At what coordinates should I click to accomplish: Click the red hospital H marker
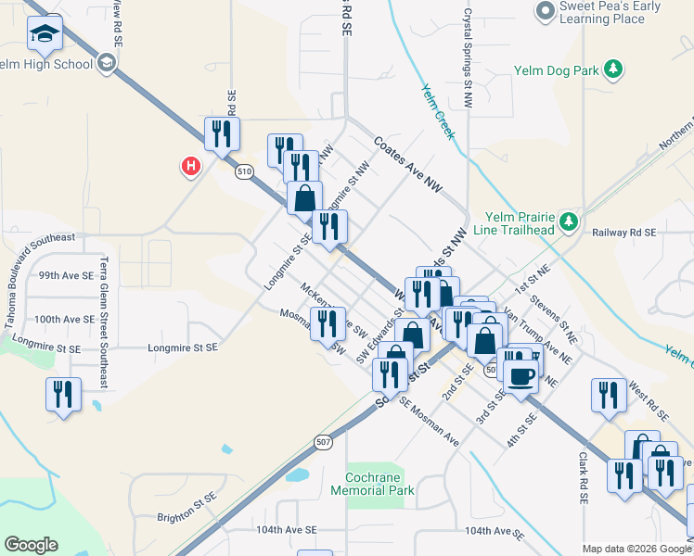pyautogui.click(x=190, y=166)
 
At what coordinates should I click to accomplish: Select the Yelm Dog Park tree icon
pyautogui.click(x=612, y=69)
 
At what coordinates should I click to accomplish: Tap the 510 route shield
pyautogui.click(x=244, y=171)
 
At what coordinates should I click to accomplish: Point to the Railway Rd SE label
pyautogui.click(x=623, y=233)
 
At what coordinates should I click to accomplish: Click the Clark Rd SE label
pyautogui.click(x=584, y=478)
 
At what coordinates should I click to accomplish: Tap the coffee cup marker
pyautogui.click(x=521, y=374)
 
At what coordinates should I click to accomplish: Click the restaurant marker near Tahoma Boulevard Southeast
pyautogui.click(x=63, y=394)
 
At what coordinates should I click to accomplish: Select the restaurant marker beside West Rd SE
pyautogui.click(x=609, y=394)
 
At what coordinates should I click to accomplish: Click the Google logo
pyautogui.click(x=31, y=545)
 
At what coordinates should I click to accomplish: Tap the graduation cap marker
pyautogui.click(x=44, y=34)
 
